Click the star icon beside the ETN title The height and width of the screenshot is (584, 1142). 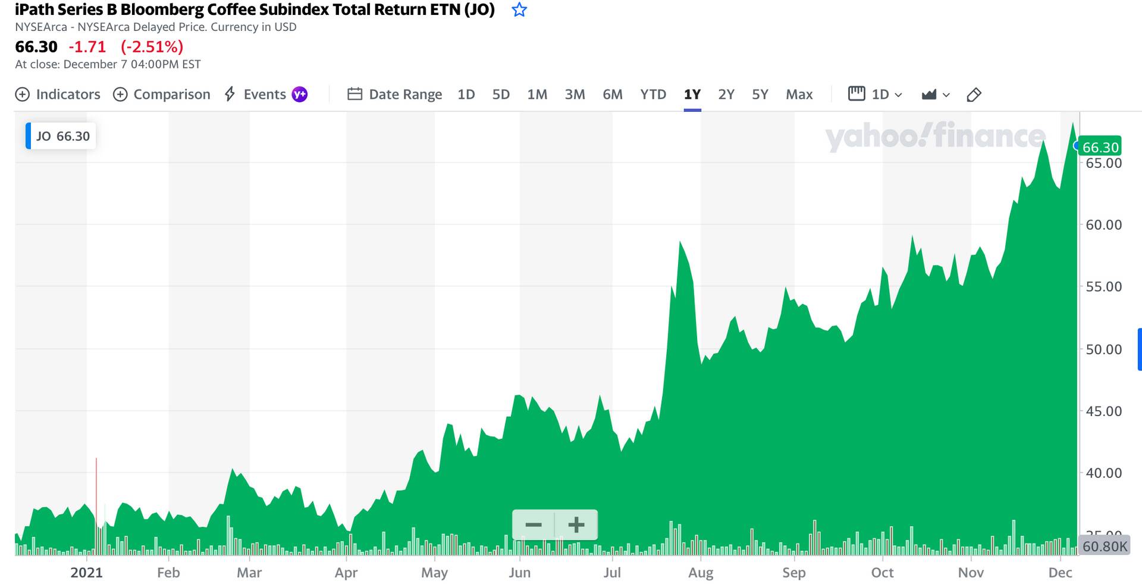pyautogui.click(x=519, y=10)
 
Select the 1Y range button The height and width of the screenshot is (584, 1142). pyautogui.click(x=692, y=95)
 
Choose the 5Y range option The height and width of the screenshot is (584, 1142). pyautogui.click(x=760, y=95)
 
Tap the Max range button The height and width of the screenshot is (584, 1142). pyautogui.click(x=799, y=95)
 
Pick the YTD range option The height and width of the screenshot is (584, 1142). pyautogui.click(x=653, y=95)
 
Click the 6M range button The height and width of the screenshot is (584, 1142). pyautogui.click(x=612, y=95)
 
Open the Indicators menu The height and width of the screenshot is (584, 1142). pyautogui.click(x=58, y=95)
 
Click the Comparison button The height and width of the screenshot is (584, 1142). pyautogui.click(x=162, y=95)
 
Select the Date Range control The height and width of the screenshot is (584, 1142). pyautogui.click(x=395, y=95)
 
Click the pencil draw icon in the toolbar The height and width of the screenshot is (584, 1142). pyautogui.click(x=974, y=95)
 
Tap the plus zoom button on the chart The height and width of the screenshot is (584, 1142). pyautogui.click(x=576, y=524)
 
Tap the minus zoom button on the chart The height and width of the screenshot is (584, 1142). pyautogui.click(x=534, y=524)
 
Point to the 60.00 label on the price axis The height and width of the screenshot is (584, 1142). pyautogui.click(x=1103, y=225)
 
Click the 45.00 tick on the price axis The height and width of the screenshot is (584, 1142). pyautogui.click(x=1103, y=411)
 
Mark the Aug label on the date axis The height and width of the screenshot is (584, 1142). pyautogui.click(x=700, y=573)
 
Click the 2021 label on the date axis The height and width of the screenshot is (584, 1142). pyautogui.click(x=86, y=573)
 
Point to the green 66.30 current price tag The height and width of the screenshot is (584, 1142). pyautogui.click(x=1100, y=147)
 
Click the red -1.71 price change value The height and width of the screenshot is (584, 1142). pyautogui.click(x=87, y=47)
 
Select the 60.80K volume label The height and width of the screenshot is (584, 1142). pyautogui.click(x=1105, y=546)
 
